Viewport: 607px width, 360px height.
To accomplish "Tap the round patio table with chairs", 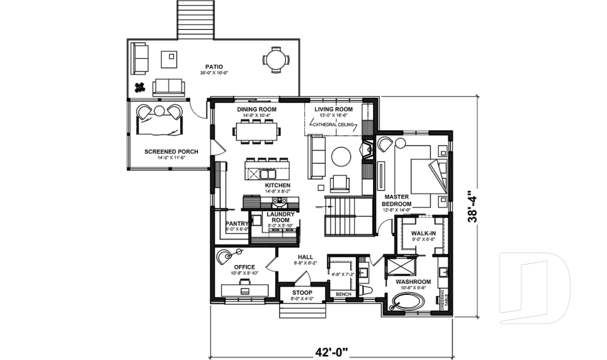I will tap(275, 61).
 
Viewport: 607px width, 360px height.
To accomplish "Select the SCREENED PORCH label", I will tap(171, 152).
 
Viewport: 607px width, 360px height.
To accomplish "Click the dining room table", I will tap(257, 132).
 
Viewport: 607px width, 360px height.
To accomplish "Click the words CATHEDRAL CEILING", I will tap(333, 125).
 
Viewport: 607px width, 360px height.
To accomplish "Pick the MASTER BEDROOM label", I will tap(397, 201).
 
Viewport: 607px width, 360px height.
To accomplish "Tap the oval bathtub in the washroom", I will tap(407, 301).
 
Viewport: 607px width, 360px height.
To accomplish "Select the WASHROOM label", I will tap(413, 282).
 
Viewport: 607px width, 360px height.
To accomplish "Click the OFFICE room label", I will tap(244, 267).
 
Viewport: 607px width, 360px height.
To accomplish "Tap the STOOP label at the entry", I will tap(302, 293).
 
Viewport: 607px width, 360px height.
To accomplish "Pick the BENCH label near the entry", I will tap(343, 295).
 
